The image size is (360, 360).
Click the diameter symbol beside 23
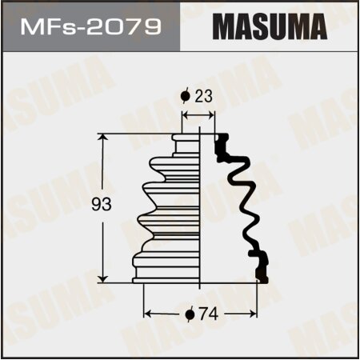(186, 97)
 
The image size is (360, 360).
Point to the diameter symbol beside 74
(190, 314)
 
